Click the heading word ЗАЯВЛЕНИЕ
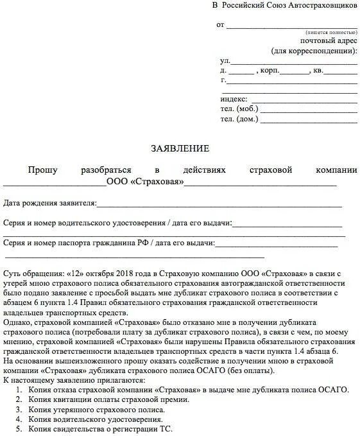[x=180, y=148]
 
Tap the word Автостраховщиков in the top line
[x=320, y=5]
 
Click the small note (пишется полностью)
[x=330, y=31]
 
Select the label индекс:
[x=234, y=99]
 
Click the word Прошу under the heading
[x=42, y=170]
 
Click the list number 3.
[x=19, y=408]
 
